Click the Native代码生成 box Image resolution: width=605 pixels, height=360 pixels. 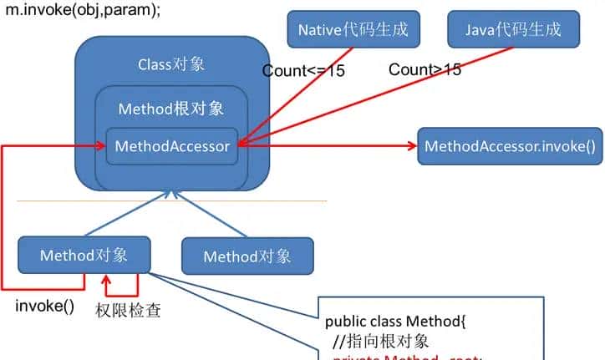coord(353,30)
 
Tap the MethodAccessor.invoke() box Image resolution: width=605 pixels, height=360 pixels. coord(509,146)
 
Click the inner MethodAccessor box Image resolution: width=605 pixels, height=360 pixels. coord(172,146)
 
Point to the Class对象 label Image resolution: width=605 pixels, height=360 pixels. coord(171,64)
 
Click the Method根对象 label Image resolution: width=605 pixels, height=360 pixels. coord(171,109)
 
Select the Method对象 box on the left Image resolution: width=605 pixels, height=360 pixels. coord(84,255)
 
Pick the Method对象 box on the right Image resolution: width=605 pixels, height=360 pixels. coord(247,256)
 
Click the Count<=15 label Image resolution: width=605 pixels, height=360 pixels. coord(303,71)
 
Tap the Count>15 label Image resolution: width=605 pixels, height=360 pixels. coord(425,69)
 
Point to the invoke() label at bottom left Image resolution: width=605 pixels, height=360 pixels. coord(45,306)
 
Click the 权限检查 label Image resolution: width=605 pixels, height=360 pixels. coord(129,312)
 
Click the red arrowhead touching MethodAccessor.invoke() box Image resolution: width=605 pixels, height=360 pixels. coord(411,146)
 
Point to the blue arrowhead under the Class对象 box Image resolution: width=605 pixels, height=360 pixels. coord(171,195)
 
